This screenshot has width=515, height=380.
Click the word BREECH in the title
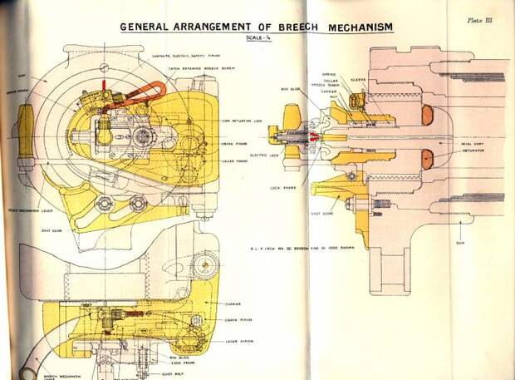point(278,27)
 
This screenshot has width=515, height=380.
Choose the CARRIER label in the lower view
point(233,305)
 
